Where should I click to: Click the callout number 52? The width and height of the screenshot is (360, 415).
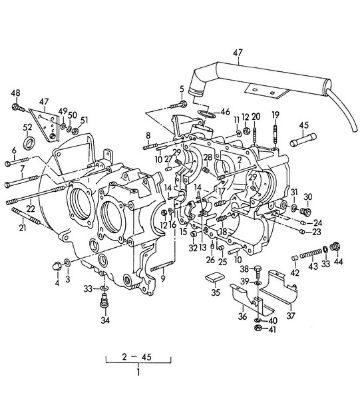click(27, 127)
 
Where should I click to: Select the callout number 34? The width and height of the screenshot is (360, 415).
click(105, 320)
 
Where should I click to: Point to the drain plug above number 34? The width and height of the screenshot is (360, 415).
click(105, 301)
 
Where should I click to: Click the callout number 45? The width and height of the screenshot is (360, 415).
click(303, 125)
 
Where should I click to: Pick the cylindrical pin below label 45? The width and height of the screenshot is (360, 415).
click(303, 139)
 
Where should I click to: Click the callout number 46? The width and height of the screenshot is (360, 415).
click(225, 111)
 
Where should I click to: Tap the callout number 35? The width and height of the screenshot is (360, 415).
click(216, 292)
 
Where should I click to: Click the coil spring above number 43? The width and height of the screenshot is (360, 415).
click(311, 254)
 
